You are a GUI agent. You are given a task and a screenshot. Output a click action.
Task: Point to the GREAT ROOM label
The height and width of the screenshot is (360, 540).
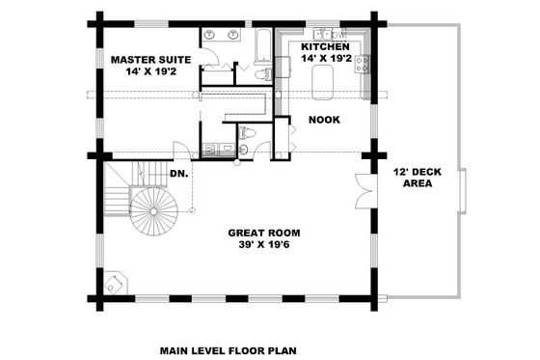click(x=263, y=233)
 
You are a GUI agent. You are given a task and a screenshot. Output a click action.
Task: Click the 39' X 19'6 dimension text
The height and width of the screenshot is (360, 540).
click(x=263, y=245)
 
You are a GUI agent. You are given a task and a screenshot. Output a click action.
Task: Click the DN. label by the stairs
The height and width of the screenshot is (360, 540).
click(x=178, y=174)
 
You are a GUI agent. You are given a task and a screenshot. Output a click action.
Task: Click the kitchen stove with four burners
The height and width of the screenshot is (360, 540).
click(x=363, y=65)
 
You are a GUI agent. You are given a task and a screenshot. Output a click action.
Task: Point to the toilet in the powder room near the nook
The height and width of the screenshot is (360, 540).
click(x=247, y=133)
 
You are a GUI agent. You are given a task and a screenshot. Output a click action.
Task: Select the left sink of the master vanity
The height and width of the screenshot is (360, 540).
click(x=212, y=36)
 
